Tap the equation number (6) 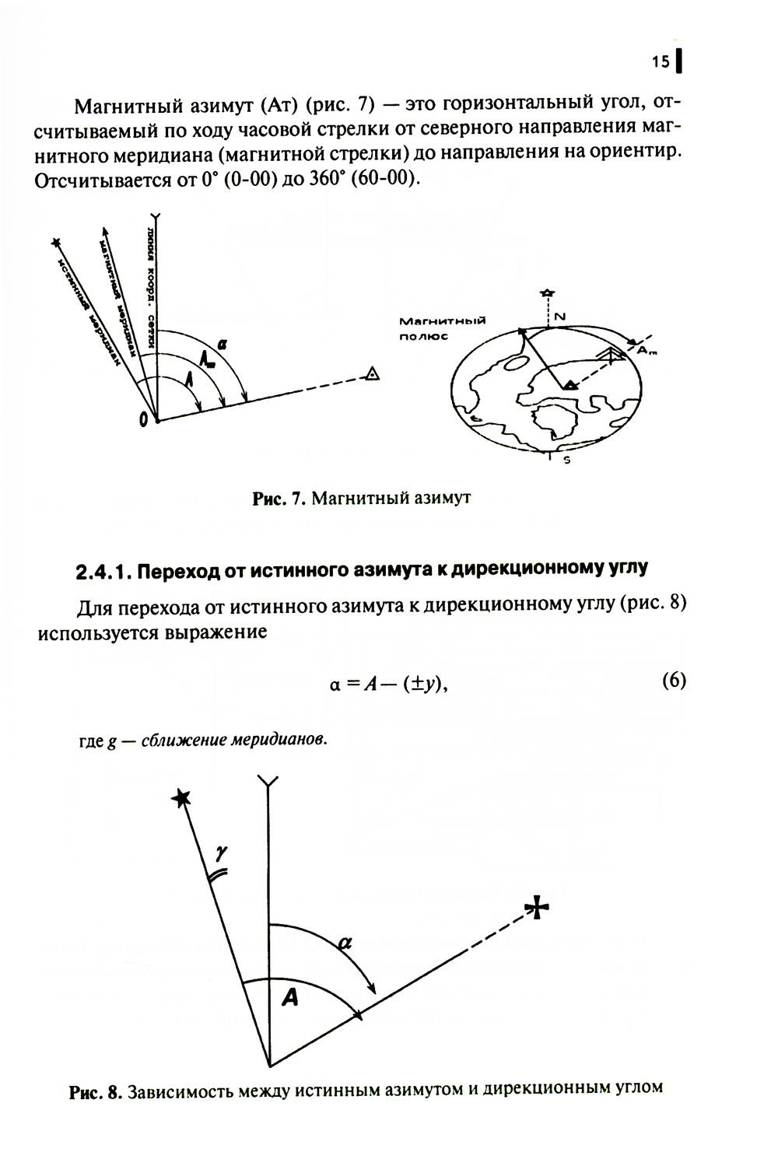674,681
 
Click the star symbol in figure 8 181,797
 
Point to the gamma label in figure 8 222,853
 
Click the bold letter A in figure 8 289,997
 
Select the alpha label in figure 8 345,943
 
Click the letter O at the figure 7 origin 143,420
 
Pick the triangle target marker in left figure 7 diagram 373,375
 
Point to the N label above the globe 559,315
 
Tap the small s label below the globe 566,460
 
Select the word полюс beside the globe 424,336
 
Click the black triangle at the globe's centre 570,384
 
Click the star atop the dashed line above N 548,292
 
